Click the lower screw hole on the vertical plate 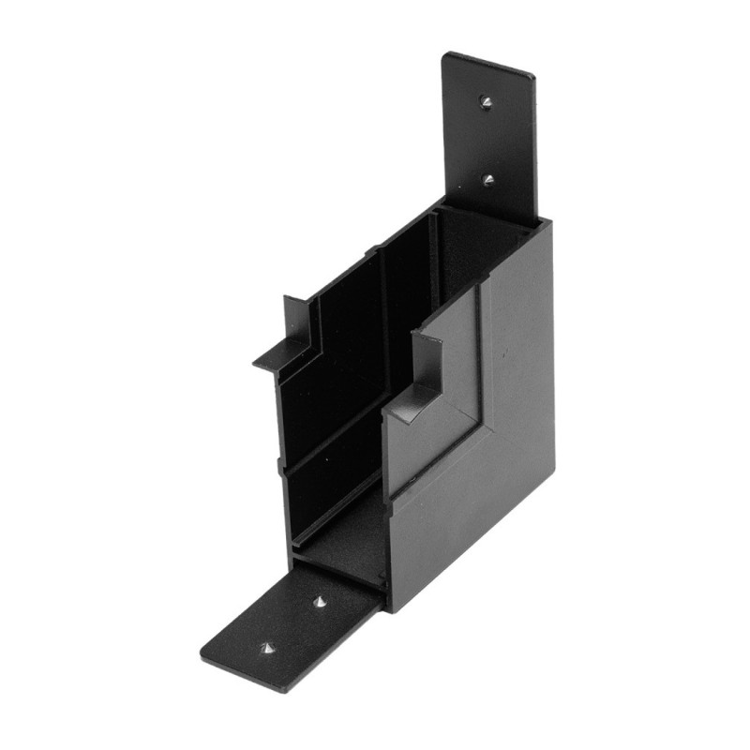488,176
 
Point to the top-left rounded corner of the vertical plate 447,56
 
